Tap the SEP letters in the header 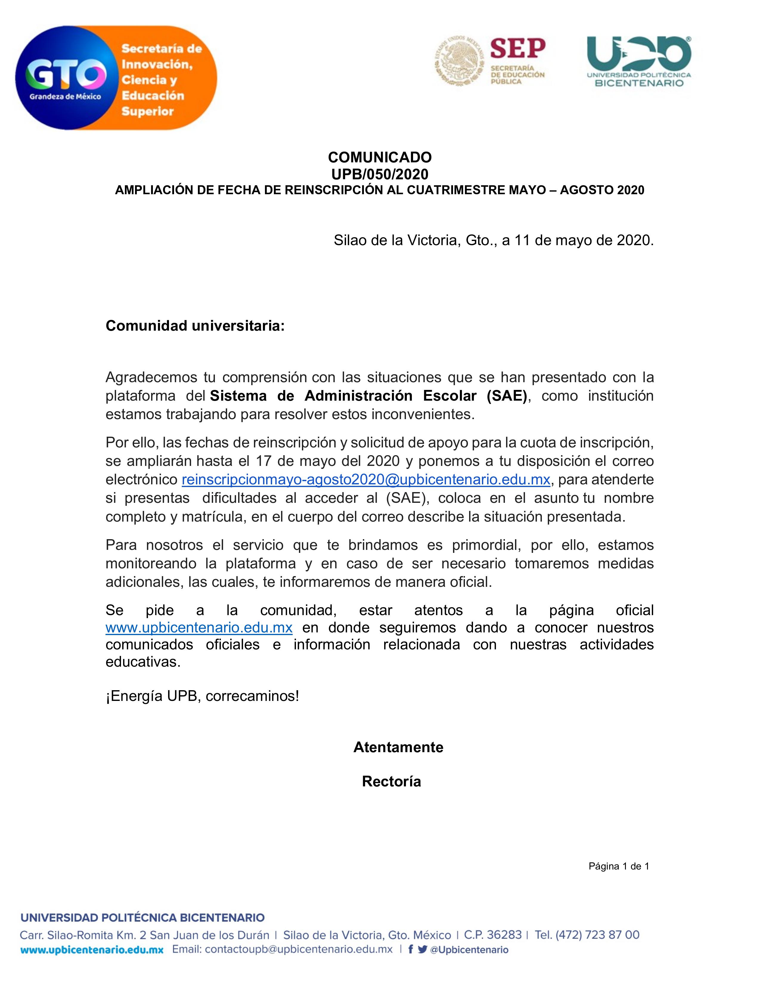(x=517, y=49)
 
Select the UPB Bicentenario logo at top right (x=638, y=61)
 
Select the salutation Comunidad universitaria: (x=195, y=326)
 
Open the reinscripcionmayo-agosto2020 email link (x=366, y=480)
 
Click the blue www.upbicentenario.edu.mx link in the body (x=199, y=627)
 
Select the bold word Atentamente (x=398, y=747)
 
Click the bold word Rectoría (x=391, y=781)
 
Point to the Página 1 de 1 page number (x=619, y=867)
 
